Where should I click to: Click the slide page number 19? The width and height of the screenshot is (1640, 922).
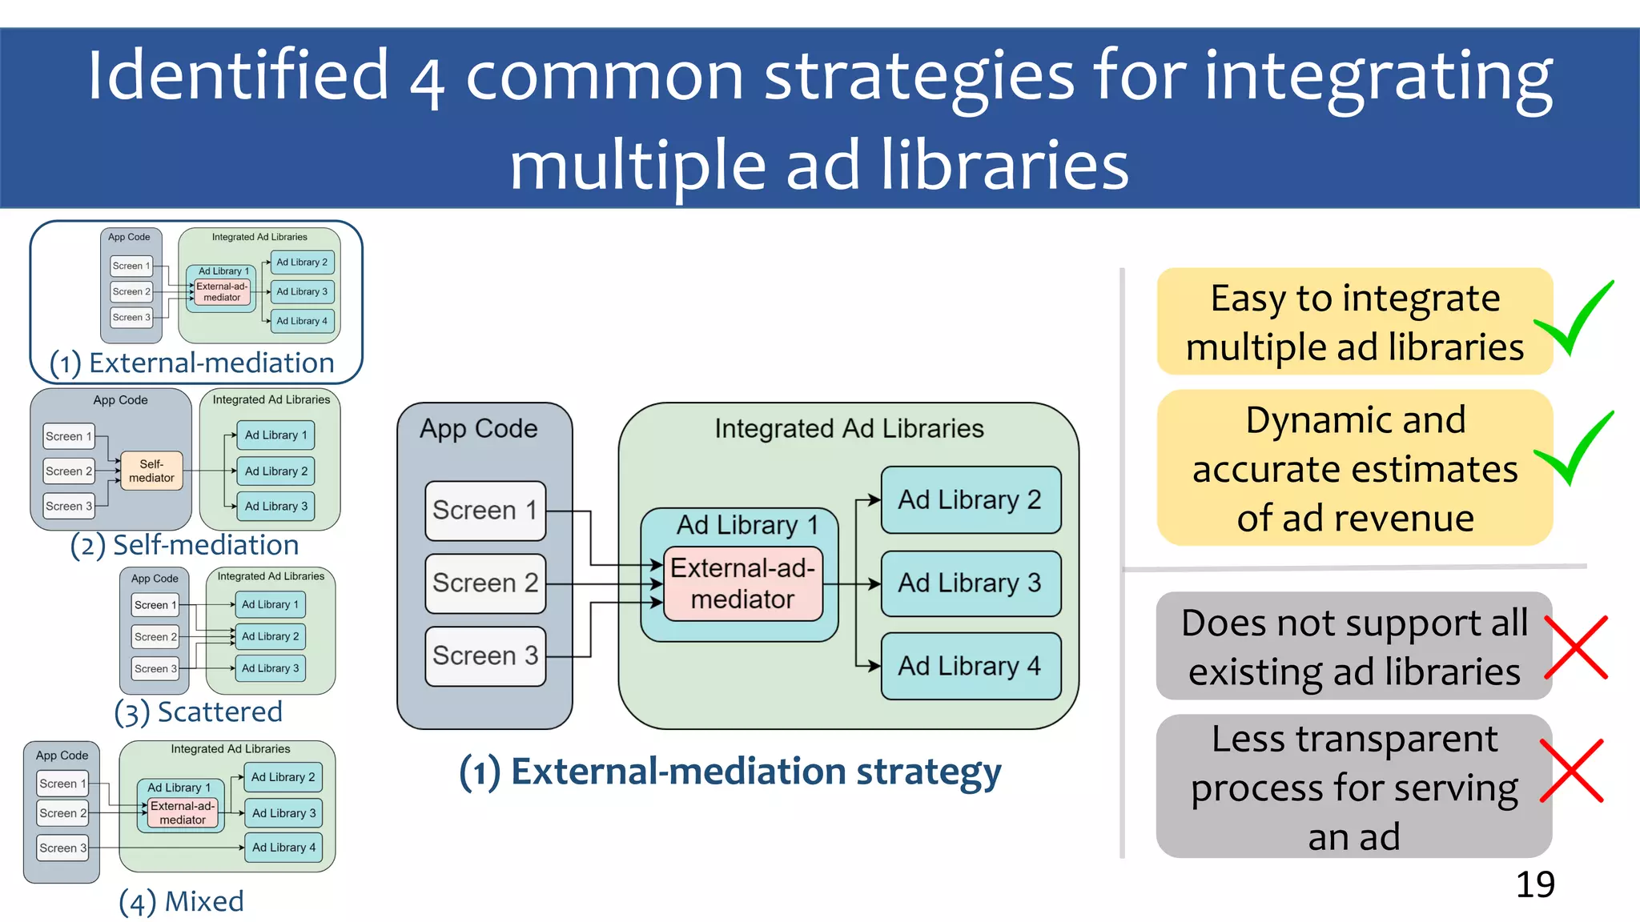(1534, 884)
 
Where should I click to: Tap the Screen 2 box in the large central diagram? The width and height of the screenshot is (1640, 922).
(485, 583)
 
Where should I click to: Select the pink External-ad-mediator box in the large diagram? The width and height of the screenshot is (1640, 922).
(742, 583)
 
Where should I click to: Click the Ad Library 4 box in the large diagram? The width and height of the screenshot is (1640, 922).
(970, 666)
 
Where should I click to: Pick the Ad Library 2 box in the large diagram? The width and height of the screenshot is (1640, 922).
(970, 500)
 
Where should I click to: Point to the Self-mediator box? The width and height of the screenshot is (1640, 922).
(151, 471)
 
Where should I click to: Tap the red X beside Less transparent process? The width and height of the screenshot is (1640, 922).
(1572, 771)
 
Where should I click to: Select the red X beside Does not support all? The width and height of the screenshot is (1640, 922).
(1575, 647)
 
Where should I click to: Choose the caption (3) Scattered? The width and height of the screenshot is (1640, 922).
(199, 712)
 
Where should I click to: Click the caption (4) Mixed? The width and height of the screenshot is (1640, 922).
(182, 901)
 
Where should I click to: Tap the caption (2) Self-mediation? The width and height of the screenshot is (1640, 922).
(185, 545)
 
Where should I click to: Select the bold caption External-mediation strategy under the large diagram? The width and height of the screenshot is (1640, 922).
(730, 772)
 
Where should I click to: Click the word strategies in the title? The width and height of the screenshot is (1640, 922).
(919, 76)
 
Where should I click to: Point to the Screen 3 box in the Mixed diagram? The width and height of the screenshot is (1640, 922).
(62, 848)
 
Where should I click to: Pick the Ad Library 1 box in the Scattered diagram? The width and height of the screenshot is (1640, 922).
(270, 604)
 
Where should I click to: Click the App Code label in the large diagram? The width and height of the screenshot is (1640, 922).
(479, 429)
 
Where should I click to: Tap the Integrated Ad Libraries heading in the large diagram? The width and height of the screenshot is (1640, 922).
(849, 429)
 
